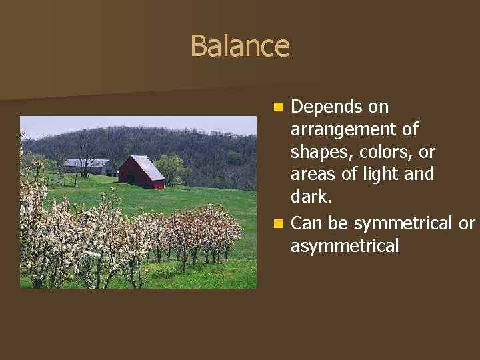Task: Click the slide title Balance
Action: point(240,46)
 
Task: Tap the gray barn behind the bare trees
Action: point(89,167)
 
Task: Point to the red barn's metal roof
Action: point(148,167)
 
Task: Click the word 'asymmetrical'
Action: point(345,246)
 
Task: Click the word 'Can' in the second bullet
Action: point(307,223)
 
